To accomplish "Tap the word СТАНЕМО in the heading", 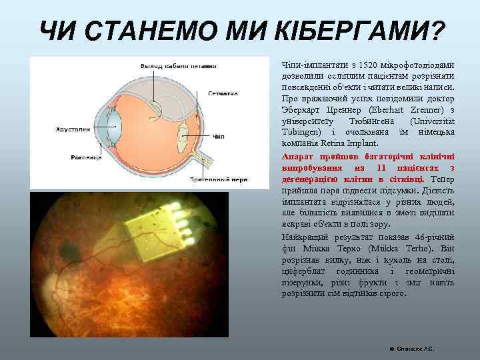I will (x=157, y=30).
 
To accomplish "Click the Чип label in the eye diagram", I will (x=218, y=137).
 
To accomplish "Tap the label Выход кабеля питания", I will (x=178, y=66).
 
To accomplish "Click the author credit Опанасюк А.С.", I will (x=414, y=349).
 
